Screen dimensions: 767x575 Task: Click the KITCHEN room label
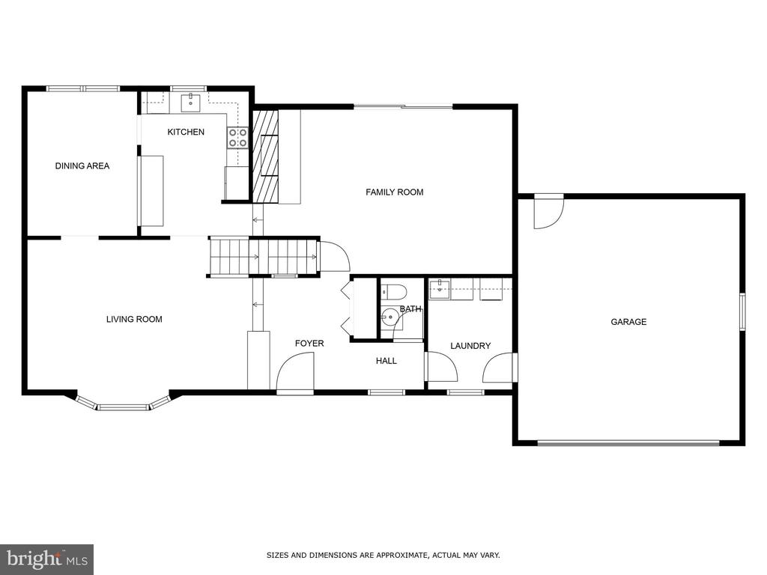click(186, 132)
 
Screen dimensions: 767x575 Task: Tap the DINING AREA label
click(82, 165)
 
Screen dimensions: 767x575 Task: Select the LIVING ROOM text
click(134, 319)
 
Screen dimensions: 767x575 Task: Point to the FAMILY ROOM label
click(394, 192)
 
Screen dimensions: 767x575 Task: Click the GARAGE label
click(628, 322)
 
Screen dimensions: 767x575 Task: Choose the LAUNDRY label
click(470, 346)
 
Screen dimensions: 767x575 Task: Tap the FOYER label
click(309, 344)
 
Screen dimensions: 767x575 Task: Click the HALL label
click(386, 361)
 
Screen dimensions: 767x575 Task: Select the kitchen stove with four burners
click(237, 138)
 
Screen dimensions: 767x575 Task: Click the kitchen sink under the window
click(190, 103)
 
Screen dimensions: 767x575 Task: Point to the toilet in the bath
click(394, 292)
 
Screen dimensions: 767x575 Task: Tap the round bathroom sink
click(390, 317)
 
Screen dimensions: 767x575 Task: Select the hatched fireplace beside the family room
click(264, 156)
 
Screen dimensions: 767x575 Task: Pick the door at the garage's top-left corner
click(549, 212)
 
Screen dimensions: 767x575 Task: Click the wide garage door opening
click(628, 443)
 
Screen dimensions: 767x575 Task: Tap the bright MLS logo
click(47, 558)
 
